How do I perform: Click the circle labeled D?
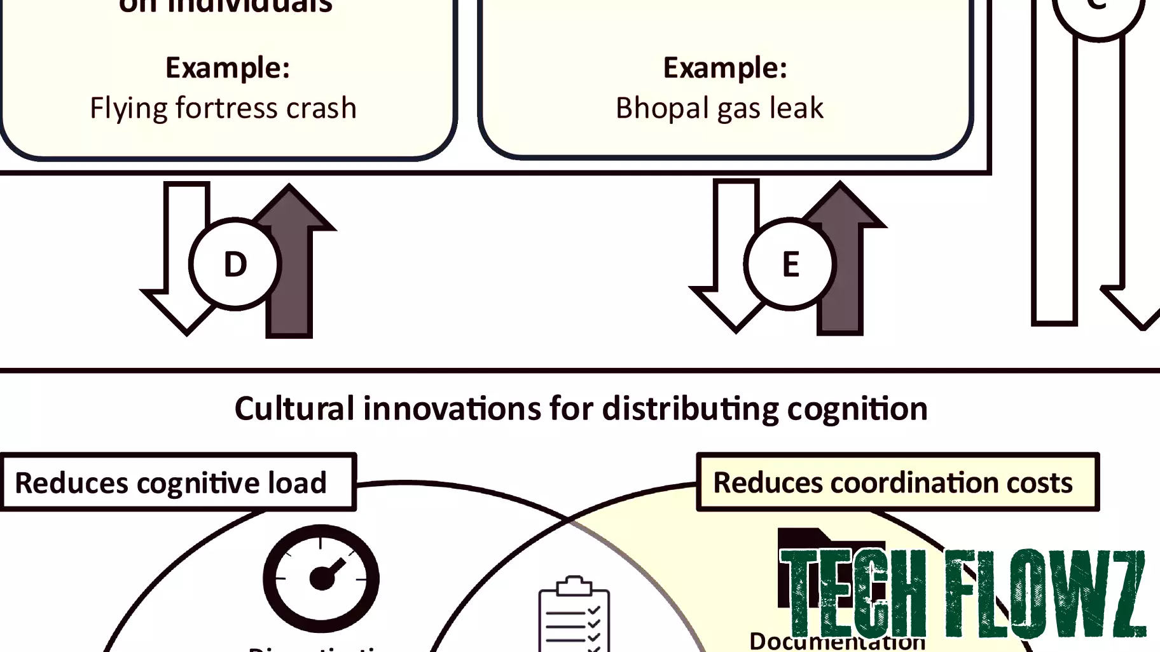pyautogui.click(x=235, y=264)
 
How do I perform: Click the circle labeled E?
pyautogui.click(x=790, y=264)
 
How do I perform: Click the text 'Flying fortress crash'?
pyautogui.click(x=223, y=108)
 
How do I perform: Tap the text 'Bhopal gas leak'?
pyautogui.click(x=719, y=108)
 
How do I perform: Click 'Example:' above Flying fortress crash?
pyautogui.click(x=228, y=67)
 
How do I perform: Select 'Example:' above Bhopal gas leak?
pyautogui.click(x=725, y=67)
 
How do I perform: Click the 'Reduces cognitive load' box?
pyautogui.click(x=178, y=482)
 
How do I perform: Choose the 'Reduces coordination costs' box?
pyautogui.click(x=897, y=482)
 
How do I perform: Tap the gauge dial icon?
pyautogui.click(x=321, y=578)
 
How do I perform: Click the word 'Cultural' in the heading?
pyautogui.click(x=294, y=409)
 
